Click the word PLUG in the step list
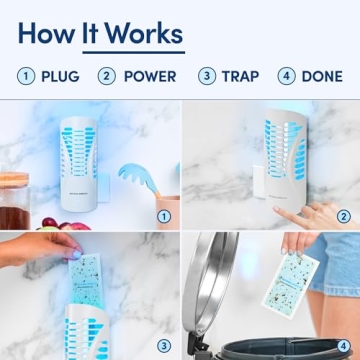pos(61,76)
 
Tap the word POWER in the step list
pos(150,76)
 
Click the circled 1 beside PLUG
pos(26,76)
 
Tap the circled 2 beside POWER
pos(107,76)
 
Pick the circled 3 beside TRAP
pos(207,76)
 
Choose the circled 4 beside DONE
pos(287,76)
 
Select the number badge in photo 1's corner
pos(164,215)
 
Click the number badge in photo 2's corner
pos(344,215)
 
